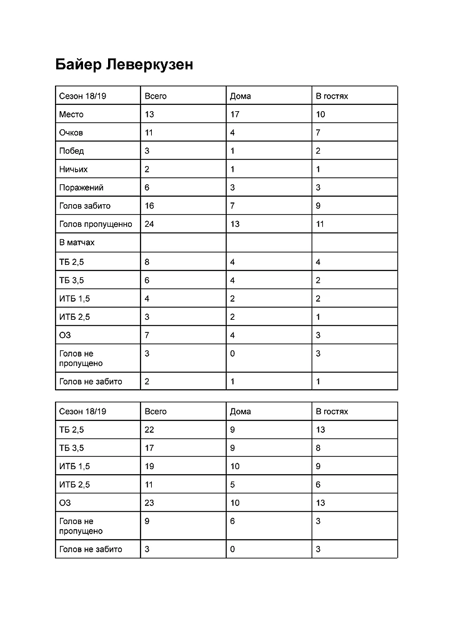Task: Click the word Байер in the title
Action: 78,65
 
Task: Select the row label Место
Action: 71,114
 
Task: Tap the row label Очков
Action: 71,132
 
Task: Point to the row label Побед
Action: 71,151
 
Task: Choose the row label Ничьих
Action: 73,169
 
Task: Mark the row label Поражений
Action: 81,187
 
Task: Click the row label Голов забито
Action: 84,206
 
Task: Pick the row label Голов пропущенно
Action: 96,224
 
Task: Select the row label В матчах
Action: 77,242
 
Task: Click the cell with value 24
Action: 149,224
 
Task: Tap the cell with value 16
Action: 149,206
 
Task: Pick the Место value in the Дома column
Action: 235,114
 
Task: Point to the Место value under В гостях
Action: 320,114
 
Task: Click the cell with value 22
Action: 149,430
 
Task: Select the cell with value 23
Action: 149,503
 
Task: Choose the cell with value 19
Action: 149,466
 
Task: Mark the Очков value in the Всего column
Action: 149,132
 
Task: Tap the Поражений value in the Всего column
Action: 147,187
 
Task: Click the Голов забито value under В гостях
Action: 319,206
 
